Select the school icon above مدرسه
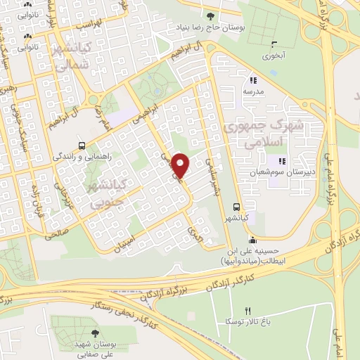252,80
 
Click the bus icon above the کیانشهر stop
236,207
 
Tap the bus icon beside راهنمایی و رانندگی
83,146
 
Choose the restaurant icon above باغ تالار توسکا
247,311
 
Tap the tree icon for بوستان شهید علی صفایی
95,334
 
